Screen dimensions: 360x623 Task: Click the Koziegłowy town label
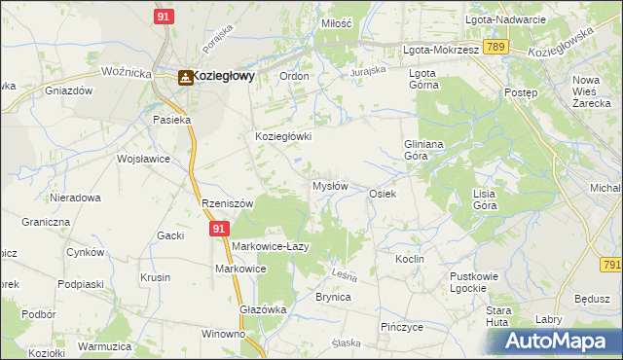tap(223, 76)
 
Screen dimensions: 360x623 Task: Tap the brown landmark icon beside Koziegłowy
tap(183, 76)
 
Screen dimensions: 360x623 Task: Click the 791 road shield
tap(611, 264)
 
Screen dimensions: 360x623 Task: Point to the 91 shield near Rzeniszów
tap(220, 229)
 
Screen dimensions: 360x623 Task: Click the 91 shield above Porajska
tap(165, 17)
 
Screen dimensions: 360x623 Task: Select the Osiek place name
tap(382, 194)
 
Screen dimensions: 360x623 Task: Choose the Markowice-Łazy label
tap(270, 246)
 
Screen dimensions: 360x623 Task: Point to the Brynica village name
tap(332, 297)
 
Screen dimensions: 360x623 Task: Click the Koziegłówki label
tap(283, 137)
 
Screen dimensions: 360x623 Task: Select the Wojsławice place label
tap(143, 159)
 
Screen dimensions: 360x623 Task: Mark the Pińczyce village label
tap(402, 327)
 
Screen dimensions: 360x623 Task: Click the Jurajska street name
tap(369, 71)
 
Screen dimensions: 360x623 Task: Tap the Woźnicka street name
tap(128, 72)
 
